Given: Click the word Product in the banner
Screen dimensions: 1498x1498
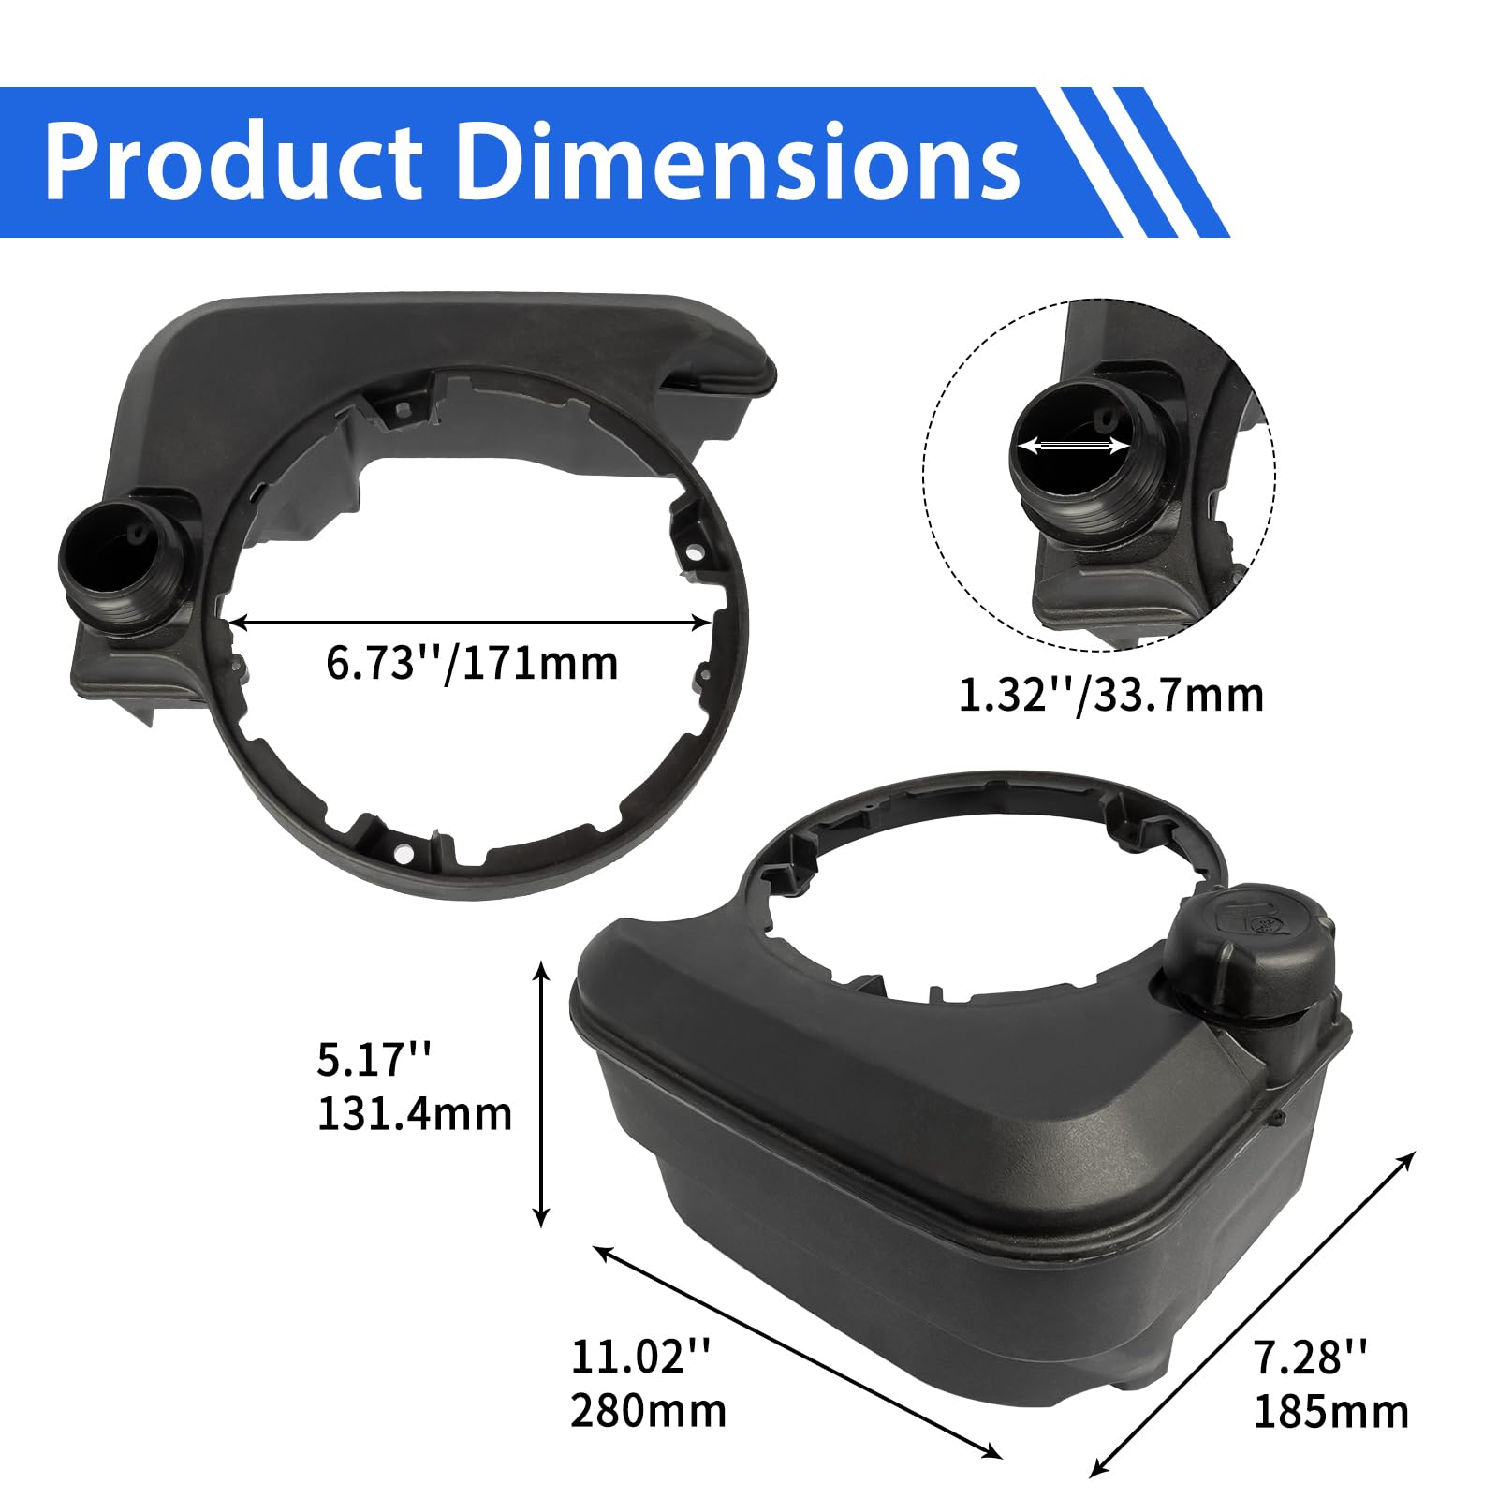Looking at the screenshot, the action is click(233, 161).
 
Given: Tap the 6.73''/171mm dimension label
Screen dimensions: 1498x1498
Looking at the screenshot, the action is click(472, 664).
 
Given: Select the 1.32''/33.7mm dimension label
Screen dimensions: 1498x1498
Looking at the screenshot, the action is click(1110, 696).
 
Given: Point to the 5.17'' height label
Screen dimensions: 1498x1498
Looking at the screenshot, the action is click(374, 1061).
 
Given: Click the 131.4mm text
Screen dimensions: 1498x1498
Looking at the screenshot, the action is click(415, 1114).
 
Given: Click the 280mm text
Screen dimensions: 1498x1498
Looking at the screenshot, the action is click(648, 1411).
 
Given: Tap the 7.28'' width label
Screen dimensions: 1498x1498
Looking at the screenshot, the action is click(1311, 1357).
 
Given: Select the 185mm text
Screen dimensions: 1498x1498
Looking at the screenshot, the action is click(1330, 1411).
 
